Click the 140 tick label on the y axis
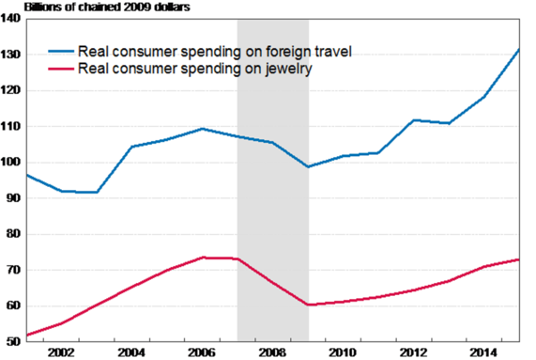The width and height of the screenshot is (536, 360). (11, 19)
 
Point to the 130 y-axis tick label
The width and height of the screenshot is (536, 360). (11, 55)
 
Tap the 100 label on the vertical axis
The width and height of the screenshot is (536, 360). (11, 162)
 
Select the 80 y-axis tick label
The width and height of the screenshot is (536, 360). (13, 234)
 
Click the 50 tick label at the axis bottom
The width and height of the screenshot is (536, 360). (13, 342)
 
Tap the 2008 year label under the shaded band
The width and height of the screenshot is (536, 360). (273, 351)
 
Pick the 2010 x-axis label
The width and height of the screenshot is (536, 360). (343, 351)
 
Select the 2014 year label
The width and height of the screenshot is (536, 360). (484, 351)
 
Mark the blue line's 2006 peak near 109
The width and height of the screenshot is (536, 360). (202, 129)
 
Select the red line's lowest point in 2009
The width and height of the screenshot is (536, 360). (308, 305)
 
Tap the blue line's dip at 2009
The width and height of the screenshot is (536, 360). (308, 167)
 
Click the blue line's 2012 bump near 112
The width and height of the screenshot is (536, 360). (414, 120)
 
